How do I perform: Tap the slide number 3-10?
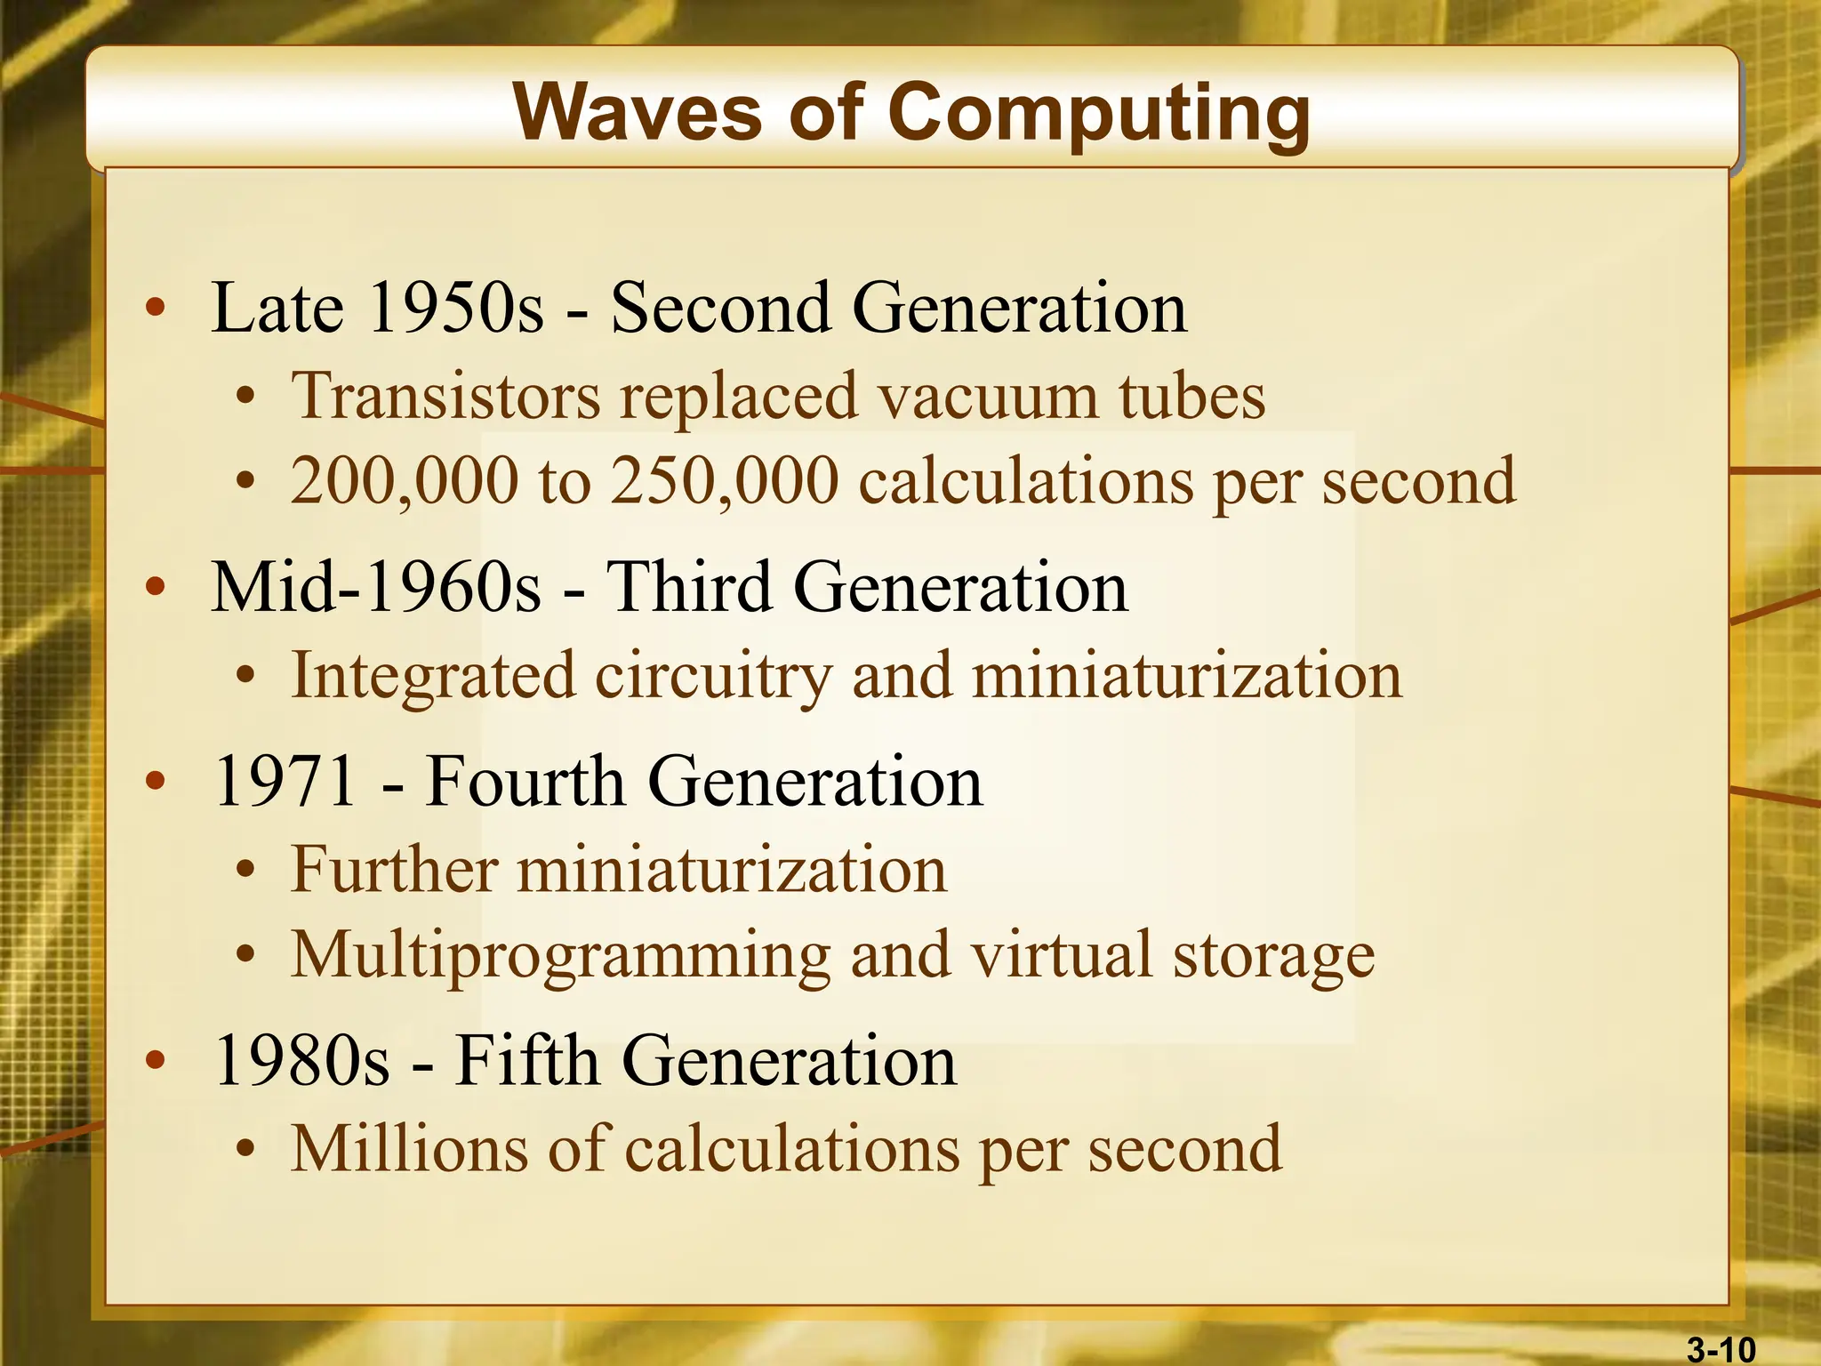click(x=1721, y=1350)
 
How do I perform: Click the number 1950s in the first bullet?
click(x=454, y=308)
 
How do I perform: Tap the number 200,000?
click(x=405, y=481)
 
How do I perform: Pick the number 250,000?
click(x=725, y=481)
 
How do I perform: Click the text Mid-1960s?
click(x=375, y=588)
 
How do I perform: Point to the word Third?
click(x=688, y=588)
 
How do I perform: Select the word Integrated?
click(x=433, y=676)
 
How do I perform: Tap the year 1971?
click(x=285, y=782)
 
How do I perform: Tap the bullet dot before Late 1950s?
click(x=156, y=309)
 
